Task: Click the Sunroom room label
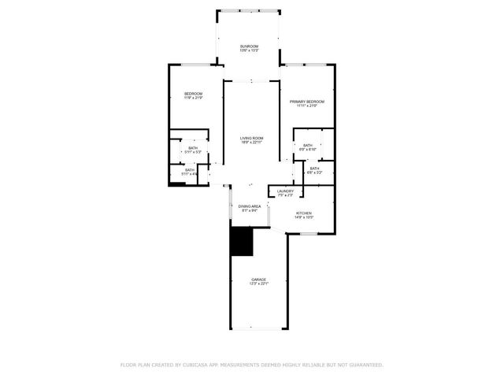tap(249, 46)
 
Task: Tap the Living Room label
tap(251, 138)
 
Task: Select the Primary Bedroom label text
tap(306, 102)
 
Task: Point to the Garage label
tap(258, 280)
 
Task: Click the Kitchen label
tap(305, 213)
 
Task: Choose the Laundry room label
tap(285, 191)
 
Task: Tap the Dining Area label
tap(250, 206)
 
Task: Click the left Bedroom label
tap(194, 94)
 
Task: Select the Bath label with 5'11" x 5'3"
tap(193, 148)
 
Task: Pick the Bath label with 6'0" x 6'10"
tap(307, 145)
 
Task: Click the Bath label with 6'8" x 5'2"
tap(313, 169)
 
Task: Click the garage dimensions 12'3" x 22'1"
tap(258, 284)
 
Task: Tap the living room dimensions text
tap(251, 143)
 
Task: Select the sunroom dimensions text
tap(249, 51)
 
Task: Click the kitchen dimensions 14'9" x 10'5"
tap(305, 217)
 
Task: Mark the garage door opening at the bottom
tap(258, 328)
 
